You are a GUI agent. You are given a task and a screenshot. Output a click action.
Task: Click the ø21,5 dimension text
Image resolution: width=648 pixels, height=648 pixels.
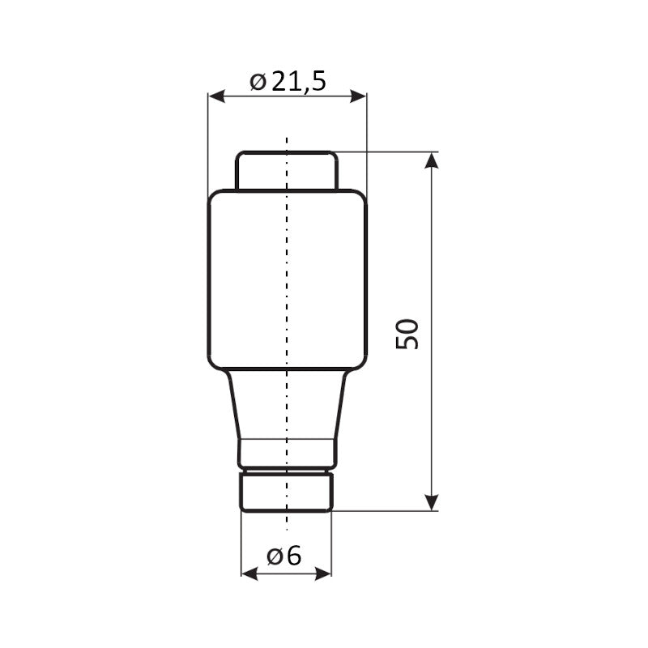(288, 81)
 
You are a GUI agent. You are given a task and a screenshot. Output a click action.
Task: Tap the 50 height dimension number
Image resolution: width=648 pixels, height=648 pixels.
(408, 333)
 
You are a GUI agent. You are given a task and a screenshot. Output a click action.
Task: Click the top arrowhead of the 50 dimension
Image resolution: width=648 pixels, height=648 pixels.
(432, 160)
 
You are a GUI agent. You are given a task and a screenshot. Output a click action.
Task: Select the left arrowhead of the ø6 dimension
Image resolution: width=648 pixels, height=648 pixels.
(249, 573)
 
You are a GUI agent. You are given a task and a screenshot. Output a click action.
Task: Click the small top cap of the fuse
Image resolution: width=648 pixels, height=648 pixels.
(267, 171)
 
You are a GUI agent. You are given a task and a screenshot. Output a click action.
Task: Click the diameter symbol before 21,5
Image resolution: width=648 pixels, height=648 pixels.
(258, 82)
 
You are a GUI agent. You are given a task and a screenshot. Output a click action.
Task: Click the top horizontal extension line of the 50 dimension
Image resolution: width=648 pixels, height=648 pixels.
(389, 151)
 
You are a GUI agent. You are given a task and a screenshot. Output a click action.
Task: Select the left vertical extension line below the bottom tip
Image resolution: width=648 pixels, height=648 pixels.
(241, 543)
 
